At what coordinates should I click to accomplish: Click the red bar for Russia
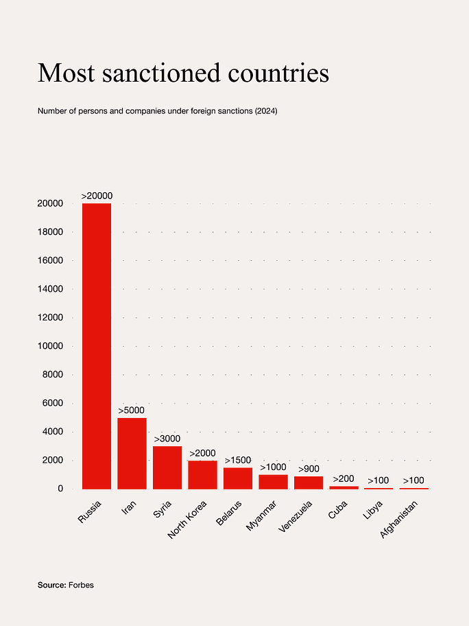click(x=97, y=346)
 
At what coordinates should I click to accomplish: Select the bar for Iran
click(x=132, y=453)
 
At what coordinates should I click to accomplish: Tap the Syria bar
click(x=167, y=467)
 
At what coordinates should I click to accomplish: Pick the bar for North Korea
click(x=202, y=474)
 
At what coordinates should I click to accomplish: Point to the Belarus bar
click(x=238, y=478)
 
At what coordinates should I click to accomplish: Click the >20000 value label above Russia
click(x=97, y=196)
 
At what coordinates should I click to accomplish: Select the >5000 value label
click(x=132, y=410)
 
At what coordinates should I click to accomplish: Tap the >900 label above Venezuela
click(x=309, y=469)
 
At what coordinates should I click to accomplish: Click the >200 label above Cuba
click(x=344, y=479)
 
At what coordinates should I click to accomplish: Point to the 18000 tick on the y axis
click(x=51, y=232)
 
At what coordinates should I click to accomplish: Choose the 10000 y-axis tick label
click(x=51, y=346)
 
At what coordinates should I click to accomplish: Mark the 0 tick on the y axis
click(x=60, y=489)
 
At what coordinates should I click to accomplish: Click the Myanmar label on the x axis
click(x=263, y=517)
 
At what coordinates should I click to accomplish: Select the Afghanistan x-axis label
click(x=405, y=519)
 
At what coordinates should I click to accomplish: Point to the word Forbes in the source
click(x=81, y=585)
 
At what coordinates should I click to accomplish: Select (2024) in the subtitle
click(x=265, y=111)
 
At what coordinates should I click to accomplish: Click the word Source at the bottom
click(x=51, y=585)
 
